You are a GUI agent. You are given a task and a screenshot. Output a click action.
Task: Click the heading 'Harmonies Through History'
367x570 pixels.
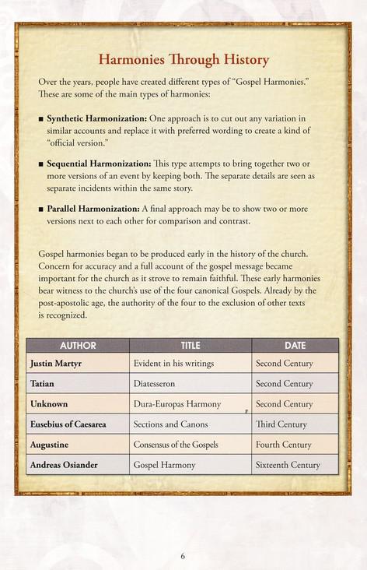tap(183, 59)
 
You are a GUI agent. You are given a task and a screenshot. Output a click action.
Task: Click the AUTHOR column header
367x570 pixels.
tap(78, 345)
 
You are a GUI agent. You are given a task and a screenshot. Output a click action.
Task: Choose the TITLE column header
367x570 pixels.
tap(190, 345)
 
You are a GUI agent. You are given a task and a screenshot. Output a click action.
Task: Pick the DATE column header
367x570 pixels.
tap(295, 345)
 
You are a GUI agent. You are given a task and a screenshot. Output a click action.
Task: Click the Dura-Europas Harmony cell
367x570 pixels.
tap(177, 404)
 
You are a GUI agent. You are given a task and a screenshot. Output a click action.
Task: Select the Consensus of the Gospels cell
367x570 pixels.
tap(176, 445)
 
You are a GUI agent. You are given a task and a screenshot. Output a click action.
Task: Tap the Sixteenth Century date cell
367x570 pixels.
tap(288, 465)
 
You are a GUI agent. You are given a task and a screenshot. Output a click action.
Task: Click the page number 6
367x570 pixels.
tap(183, 556)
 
